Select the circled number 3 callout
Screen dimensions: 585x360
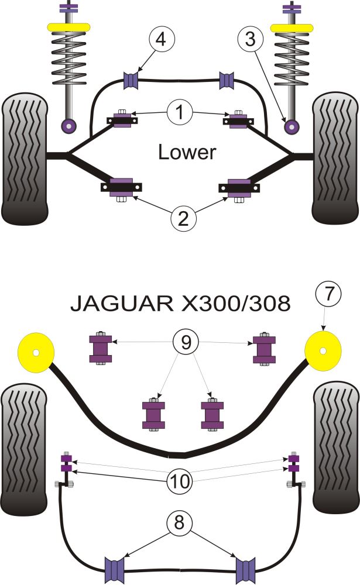point(249,40)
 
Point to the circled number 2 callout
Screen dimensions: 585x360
point(183,218)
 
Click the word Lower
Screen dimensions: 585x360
point(187,153)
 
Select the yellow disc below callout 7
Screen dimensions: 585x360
point(323,351)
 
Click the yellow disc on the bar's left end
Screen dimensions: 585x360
point(36,353)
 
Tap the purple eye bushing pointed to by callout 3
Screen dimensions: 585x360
point(290,125)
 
